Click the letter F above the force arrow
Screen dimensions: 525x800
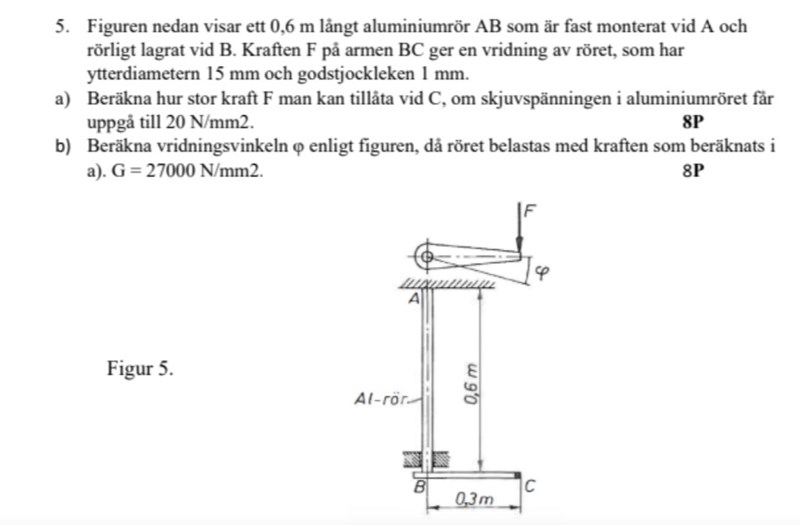530,211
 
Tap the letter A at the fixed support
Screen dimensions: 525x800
412,298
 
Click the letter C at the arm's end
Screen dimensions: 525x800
532,486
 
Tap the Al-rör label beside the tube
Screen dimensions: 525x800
378,398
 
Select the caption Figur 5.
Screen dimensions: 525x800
140,368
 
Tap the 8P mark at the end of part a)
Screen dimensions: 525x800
693,123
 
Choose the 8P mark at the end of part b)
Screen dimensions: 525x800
693,170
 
